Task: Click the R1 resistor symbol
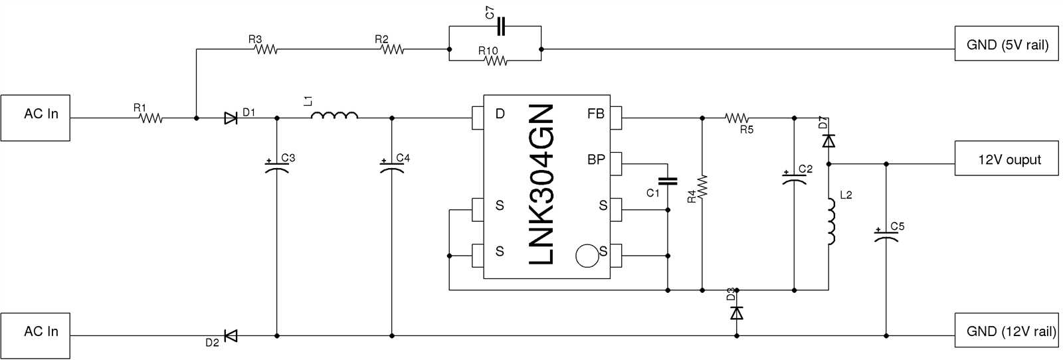pyautogui.click(x=151, y=118)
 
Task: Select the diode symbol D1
pyautogui.click(x=231, y=118)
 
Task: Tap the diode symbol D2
pyautogui.click(x=231, y=336)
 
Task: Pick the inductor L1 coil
pyautogui.click(x=334, y=116)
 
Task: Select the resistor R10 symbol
pyautogui.click(x=496, y=61)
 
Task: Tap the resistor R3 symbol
pyautogui.click(x=266, y=49)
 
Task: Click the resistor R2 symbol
pyautogui.click(x=392, y=49)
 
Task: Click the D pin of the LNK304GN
pyautogui.click(x=478, y=118)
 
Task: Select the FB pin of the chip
pyautogui.click(x=616, y=118)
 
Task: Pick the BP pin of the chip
pyautogui.click(x=616, y=163)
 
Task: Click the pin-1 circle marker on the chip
pyautogui.click(x=587, y=256)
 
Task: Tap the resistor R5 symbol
pyautogui.click(x=736, y=118)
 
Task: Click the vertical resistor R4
pyautogui.click(x=702, y=187)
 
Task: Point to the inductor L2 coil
pyautogui.click(x=830, y=221)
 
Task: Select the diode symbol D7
pyautogui.click(x=828, y=141)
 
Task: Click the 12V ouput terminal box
pyautogui.click(x=1006, y=158)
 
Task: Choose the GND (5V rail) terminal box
pyautogui.click(x=1006, y=44)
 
